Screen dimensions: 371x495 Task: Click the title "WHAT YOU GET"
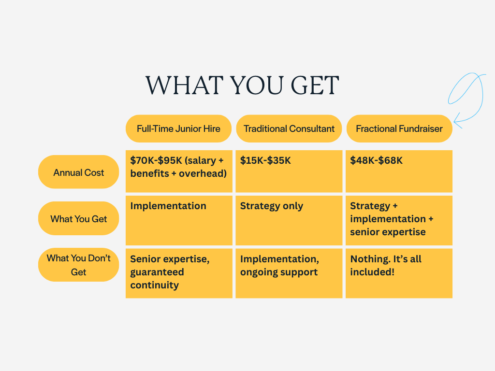[242, 86]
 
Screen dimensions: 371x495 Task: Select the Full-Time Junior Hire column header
[178, 128]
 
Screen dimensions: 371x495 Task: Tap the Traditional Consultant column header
[289, 128]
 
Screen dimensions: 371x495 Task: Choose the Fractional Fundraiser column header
[399, 128]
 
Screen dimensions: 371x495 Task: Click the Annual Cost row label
[78, 172]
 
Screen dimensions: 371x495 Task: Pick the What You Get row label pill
[78, 218]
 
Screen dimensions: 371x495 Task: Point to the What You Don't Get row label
[78, 265]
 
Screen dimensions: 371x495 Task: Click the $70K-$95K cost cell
[179, 171]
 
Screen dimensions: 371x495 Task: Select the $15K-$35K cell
[289, 171]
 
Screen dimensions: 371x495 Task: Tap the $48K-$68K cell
[399, 171]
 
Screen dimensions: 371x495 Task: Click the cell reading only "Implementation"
[179, 220]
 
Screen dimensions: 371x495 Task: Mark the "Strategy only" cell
[289, 220]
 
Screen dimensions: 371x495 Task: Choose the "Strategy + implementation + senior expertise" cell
[399, 220]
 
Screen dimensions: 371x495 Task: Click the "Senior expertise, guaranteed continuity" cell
[179, 273]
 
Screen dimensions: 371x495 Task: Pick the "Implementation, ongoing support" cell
[289, 273]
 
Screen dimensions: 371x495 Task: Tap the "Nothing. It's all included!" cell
[399, 273]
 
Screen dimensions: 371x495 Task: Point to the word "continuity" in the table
[154, 285]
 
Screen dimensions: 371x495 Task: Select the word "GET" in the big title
[315, 86]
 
